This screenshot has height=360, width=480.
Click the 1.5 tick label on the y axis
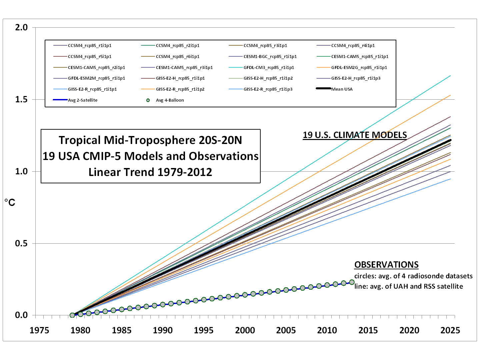(x=21, y=99)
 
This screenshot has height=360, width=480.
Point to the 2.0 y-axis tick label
(x=21, y=27)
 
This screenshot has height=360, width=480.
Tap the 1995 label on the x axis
(x=204, y=330)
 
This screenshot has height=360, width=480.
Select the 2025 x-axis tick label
(x=450, y=330)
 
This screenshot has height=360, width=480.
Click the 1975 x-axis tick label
(x=39, y=330)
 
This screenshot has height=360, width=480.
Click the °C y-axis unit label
(x=10, y=202)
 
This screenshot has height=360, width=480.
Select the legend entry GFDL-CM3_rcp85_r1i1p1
(x=269, y=67)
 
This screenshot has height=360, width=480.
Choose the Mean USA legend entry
(x=342, y=89)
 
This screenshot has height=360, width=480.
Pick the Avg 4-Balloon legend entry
(x=170, y=100)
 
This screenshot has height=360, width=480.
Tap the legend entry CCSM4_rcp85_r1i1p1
(x=89, y=45)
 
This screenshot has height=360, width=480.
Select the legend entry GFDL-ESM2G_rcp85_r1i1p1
(x=359, y=67)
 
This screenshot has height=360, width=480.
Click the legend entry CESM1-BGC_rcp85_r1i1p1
(x=270, y=56)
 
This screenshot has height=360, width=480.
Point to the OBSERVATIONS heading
(x=386, y=265)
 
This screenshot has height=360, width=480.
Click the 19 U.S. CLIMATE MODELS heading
(x=355, y=135)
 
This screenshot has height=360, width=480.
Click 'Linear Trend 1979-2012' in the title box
(x=150, y=172)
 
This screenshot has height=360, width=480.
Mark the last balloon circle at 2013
(x=352, y=282)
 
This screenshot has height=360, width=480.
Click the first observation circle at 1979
(x=72, y=315)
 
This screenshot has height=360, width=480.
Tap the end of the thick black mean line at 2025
(x=450, y=140)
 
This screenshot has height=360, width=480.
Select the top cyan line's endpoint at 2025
(x=450, y=76)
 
